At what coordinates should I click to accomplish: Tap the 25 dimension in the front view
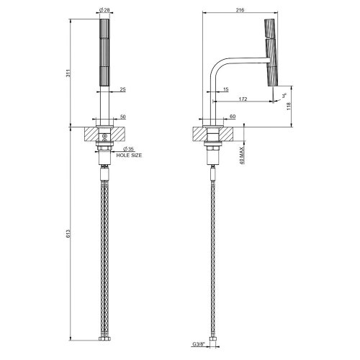pyautogui.click(x=123, y=89)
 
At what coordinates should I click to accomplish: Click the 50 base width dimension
pyautogui.click(x=123, y=116)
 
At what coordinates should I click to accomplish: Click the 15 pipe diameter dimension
pyautogui.click(x=225, y=89)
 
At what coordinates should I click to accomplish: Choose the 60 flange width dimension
pyautogui.click(x=232, y=116)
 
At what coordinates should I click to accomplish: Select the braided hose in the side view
pyautogui.click(x=214, y=252)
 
